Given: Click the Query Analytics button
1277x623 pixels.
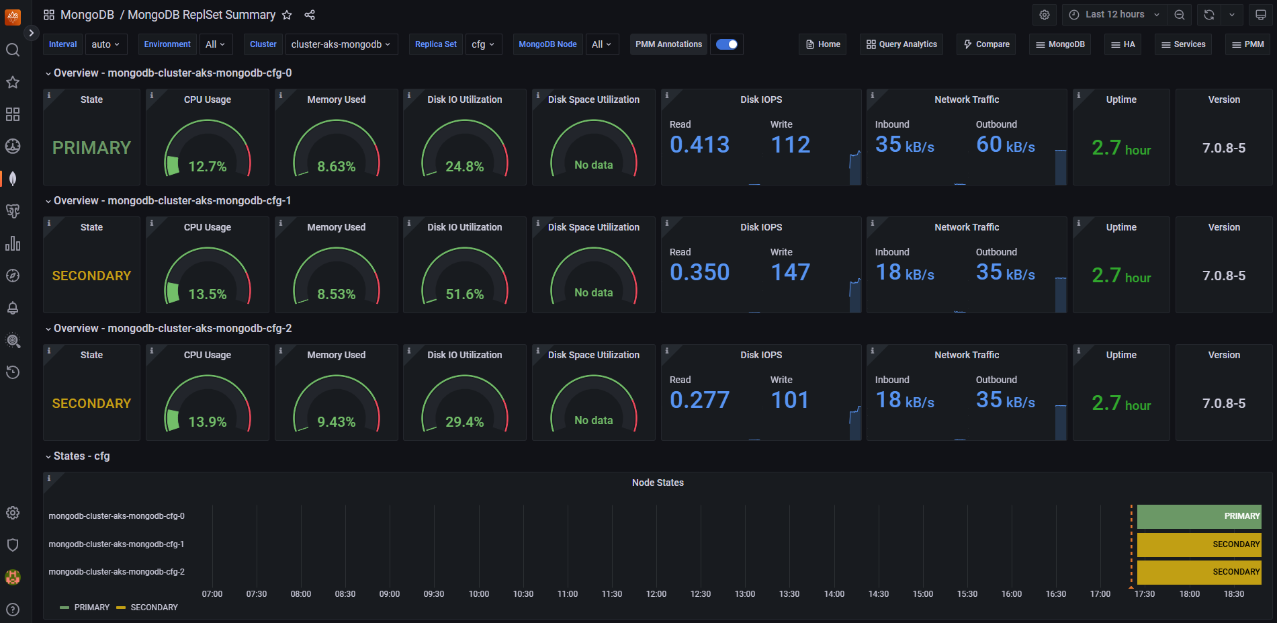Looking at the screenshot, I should coord(901,44).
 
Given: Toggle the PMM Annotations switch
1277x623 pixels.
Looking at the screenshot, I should coord(726,44).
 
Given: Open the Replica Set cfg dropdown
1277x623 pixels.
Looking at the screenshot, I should coord(483,44).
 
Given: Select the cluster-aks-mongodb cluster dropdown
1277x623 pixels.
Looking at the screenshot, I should coord(341,44).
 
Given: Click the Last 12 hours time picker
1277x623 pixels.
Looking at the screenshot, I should coord(1114,15).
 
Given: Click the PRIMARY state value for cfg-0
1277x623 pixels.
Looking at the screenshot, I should coord(91,148).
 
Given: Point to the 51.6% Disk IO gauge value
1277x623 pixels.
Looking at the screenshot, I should coord(465,294).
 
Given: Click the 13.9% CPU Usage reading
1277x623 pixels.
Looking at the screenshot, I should coord(207,422).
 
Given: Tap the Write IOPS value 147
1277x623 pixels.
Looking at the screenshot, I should coord(790,273).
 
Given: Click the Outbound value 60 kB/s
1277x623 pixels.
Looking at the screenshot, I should coord(1005,145).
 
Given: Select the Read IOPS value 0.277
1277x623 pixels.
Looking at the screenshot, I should coord(699,401).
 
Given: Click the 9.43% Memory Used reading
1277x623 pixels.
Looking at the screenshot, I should coord(336,422).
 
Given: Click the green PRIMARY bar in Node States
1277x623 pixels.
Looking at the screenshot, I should coord(1198,516).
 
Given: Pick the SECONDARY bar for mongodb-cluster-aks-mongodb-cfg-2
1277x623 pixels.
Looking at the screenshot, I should coord(1198,572).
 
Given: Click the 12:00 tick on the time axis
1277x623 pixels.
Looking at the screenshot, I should coord(656,594).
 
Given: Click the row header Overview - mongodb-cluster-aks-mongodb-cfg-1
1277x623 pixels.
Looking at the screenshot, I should coord(172,201).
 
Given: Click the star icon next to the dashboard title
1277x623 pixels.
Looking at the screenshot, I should coord(287,15).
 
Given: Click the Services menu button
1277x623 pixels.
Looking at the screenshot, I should coord(1183,44).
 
